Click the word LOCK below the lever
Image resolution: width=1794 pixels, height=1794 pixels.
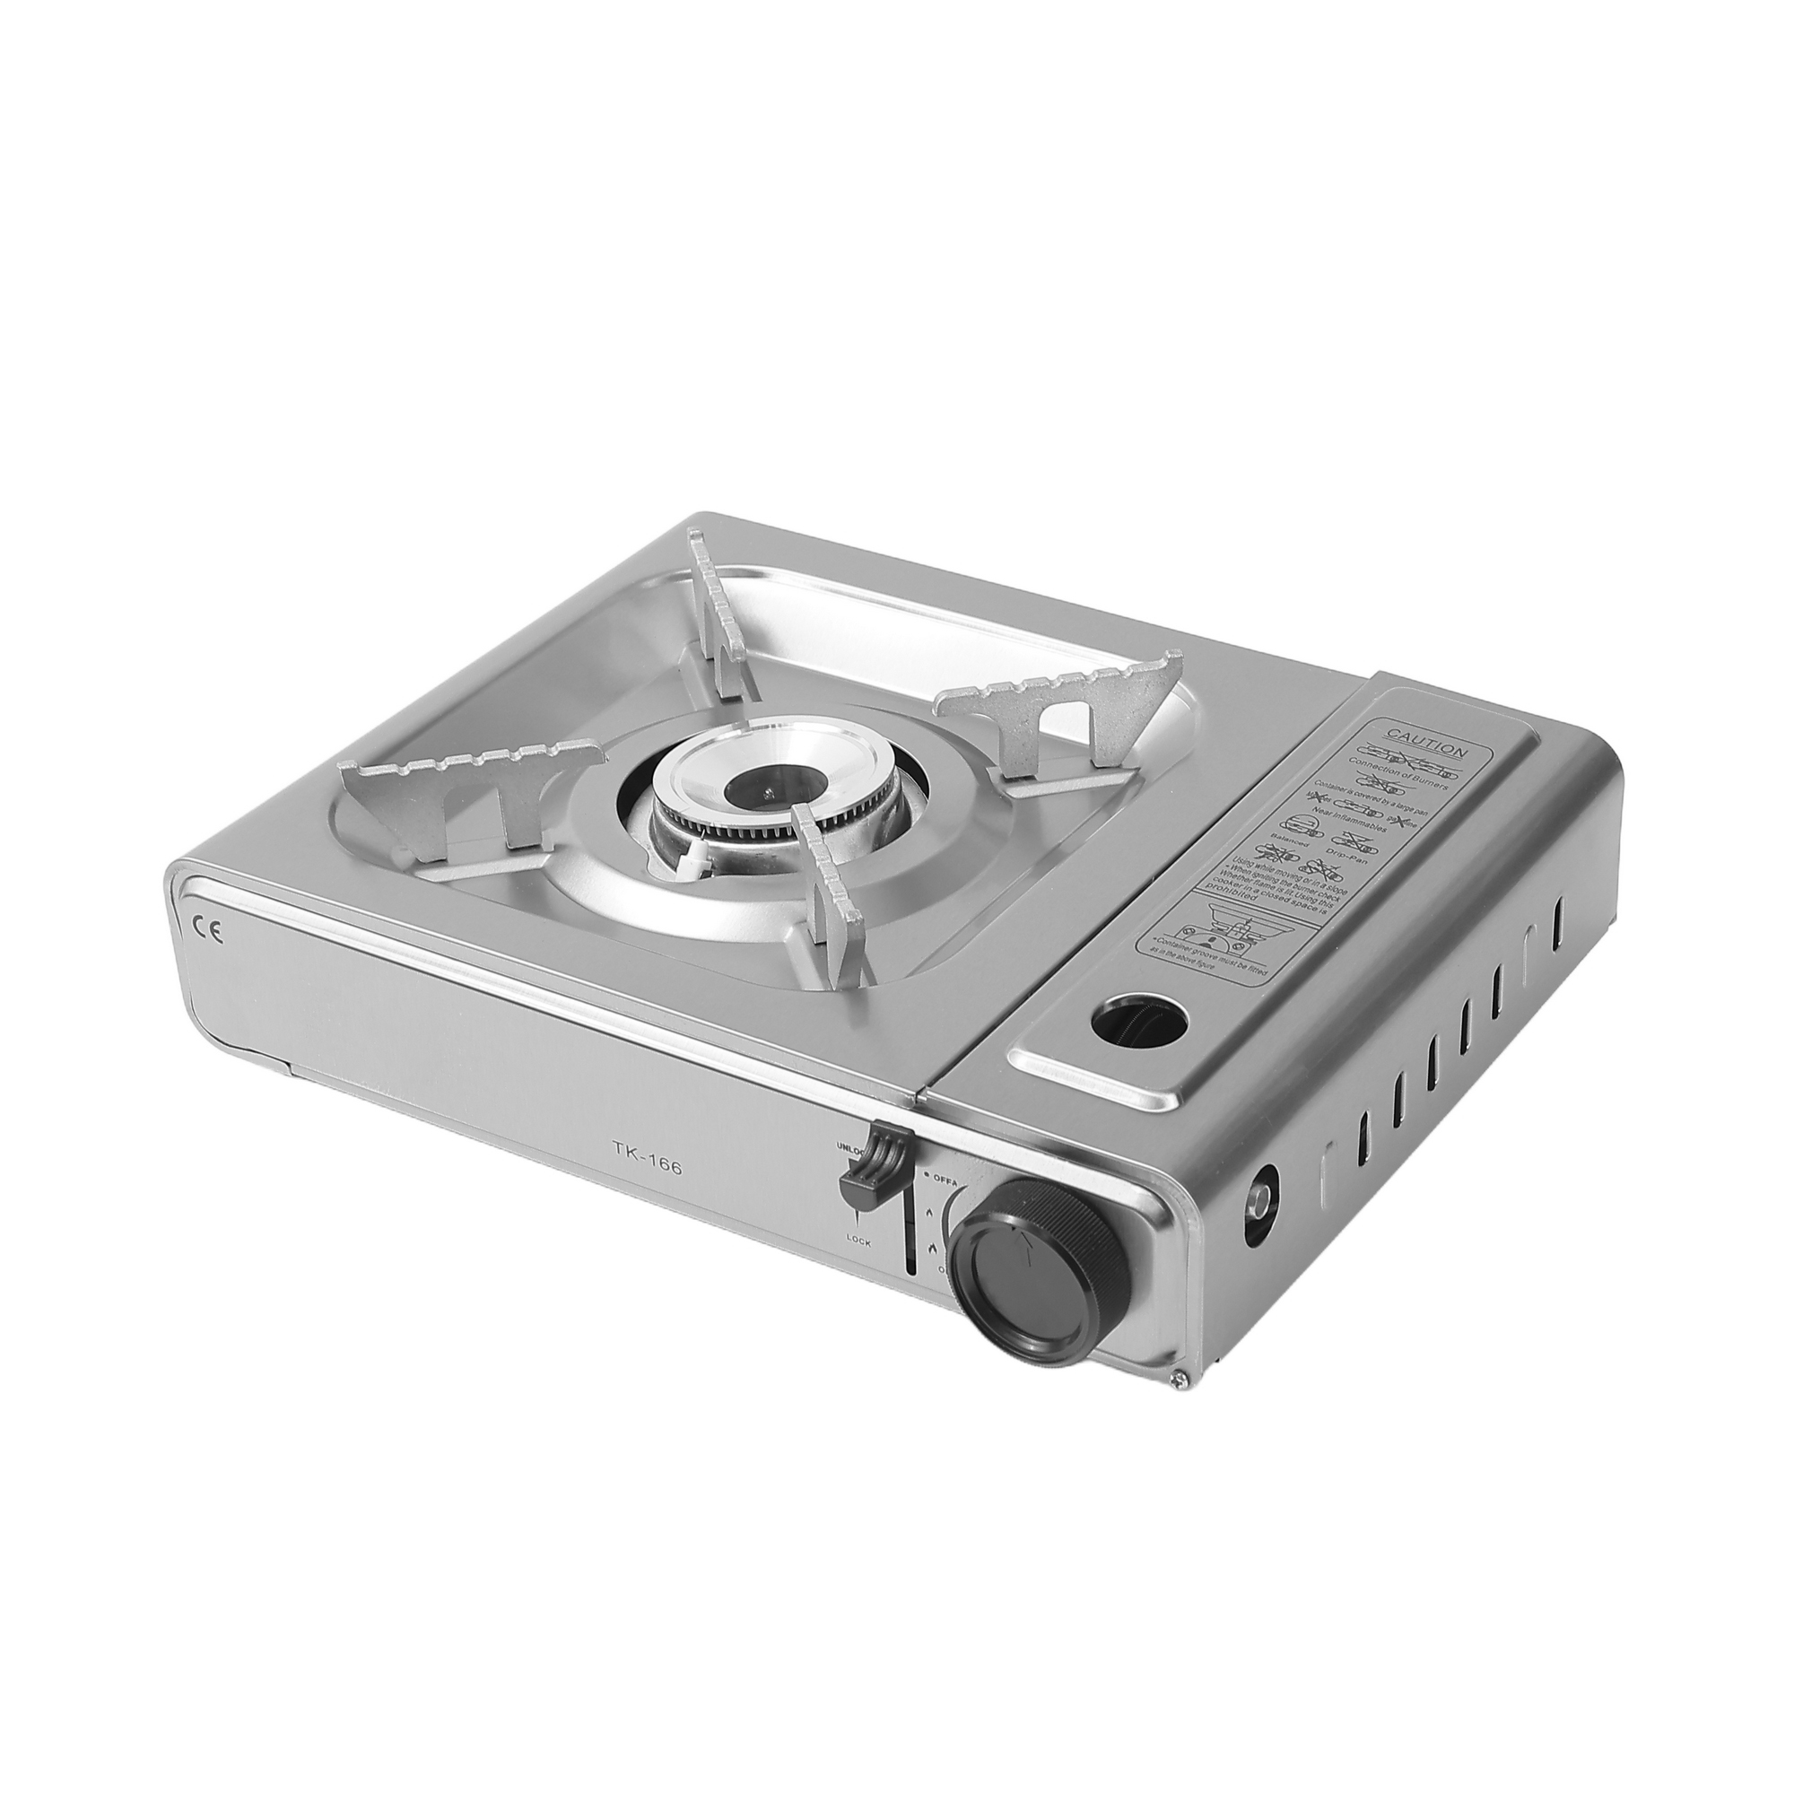(858, 1241)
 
